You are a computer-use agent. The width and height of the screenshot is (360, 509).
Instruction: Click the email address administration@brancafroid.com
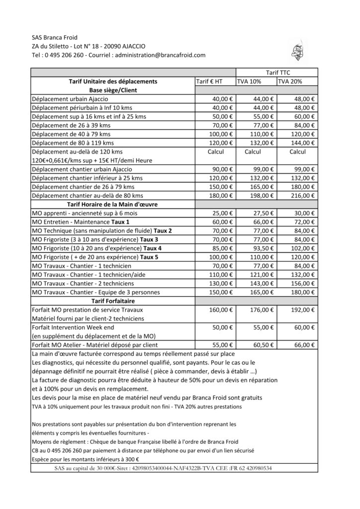[x=160, y=55]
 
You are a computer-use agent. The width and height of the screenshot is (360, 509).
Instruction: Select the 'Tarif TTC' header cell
[x=280, y=73]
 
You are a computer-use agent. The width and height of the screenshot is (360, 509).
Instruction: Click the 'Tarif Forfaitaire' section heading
[x=113, y=301]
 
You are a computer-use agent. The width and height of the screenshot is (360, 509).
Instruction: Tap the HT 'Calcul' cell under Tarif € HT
[x=216, y=152]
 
